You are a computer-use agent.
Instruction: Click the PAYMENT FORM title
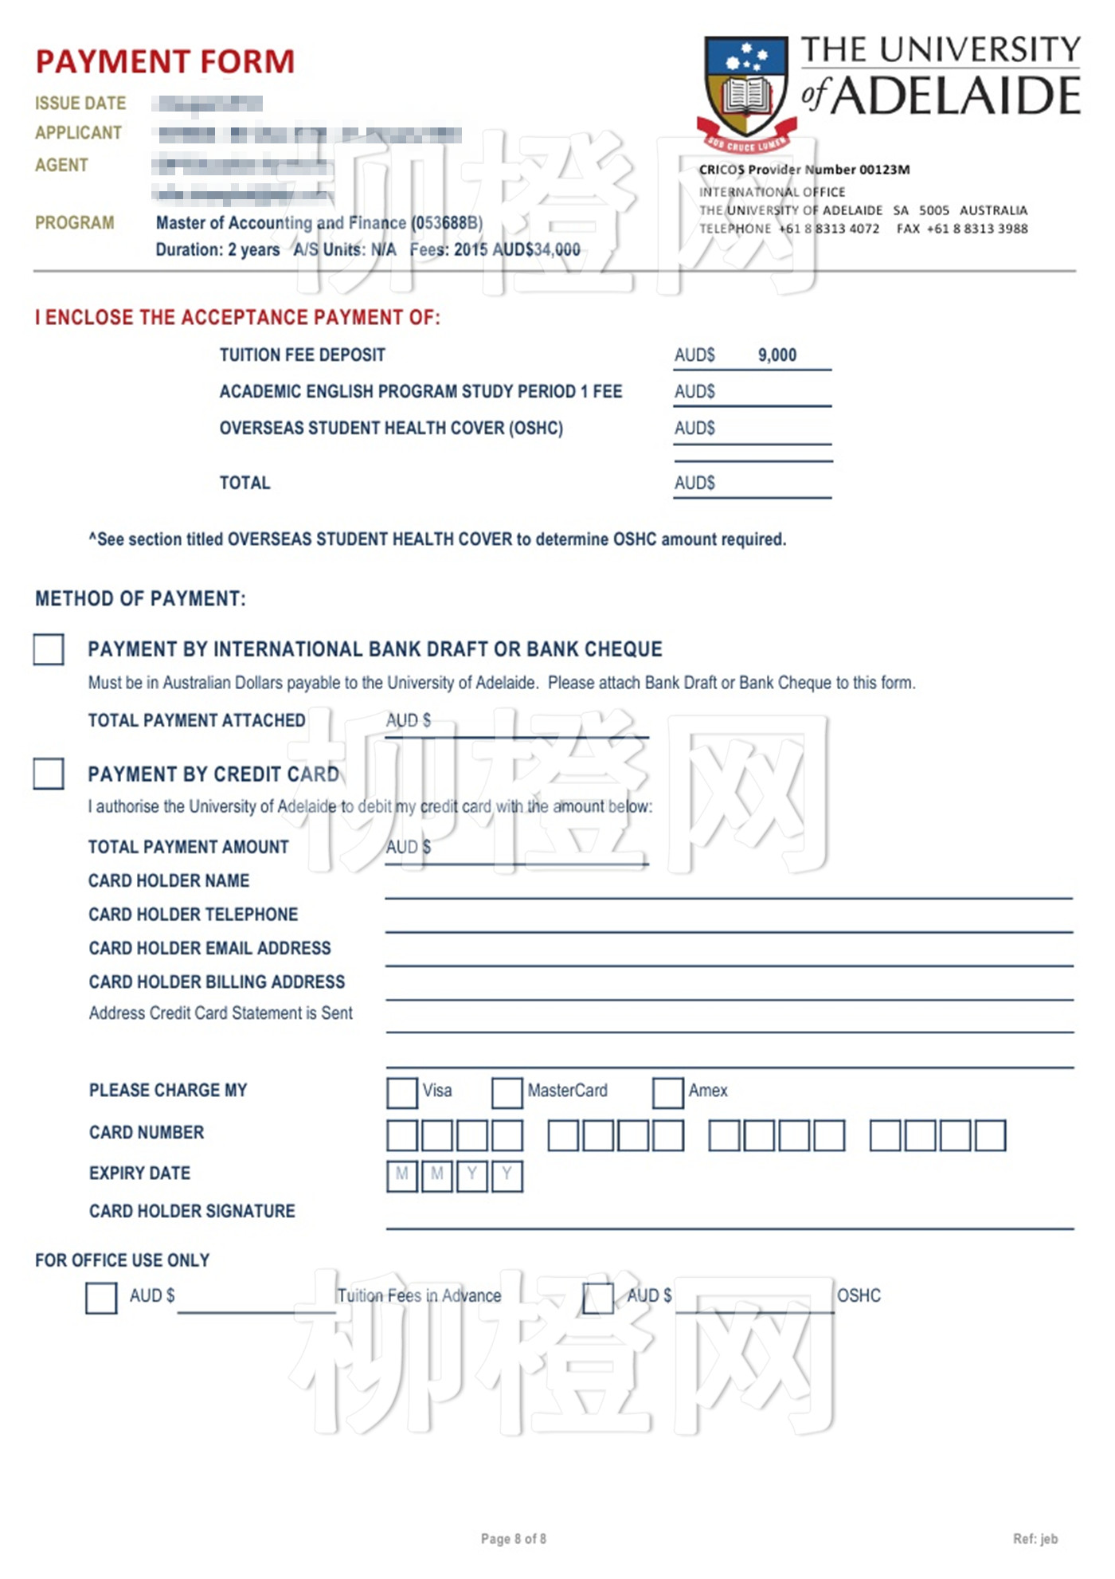[x=165, y=62]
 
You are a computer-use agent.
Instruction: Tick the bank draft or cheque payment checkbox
[x=49, y=649]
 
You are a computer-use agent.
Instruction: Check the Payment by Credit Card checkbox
[x=49, y=774]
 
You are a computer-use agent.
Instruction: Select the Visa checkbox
[x=401, y=1092]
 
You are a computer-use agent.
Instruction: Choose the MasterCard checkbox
[x=507, y=1092]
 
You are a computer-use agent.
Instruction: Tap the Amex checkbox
[x=667, y=1092]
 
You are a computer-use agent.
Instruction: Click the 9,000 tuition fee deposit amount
[x=777, y=355]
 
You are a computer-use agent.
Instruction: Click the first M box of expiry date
[x=402, y=1176]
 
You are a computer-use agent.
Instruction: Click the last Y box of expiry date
[x=507, y=1176]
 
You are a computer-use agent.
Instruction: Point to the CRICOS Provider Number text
[x=804, y=170]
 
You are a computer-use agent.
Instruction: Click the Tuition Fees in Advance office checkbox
[x=101, y=1298]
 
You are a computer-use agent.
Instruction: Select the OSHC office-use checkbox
[x=598, y=1298]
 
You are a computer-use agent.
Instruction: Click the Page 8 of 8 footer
[x=514, y=1538]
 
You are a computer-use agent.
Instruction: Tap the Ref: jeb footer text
[x=1035, y=1538]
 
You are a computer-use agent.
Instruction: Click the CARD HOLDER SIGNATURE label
[x=192, y=1211]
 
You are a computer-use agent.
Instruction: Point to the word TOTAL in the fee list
[x=245, y=483]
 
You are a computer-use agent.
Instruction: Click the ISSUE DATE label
[x=80, y=104]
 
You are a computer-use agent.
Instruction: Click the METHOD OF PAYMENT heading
[x=140, y=599]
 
